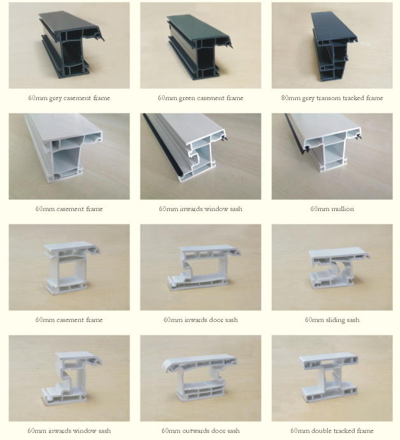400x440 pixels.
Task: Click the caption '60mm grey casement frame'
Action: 69,98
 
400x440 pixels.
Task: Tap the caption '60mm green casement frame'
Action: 200,98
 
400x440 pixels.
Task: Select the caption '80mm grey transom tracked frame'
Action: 332,98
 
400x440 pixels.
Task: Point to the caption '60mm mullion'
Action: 332,209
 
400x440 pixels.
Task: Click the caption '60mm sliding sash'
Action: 332,319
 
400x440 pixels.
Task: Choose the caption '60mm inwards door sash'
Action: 200,319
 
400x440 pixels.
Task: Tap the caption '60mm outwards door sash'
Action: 200,430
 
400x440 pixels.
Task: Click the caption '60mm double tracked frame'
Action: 332,430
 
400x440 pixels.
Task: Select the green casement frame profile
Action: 199,47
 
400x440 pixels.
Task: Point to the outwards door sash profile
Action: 200,378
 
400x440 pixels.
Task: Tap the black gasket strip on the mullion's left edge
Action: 295,134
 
